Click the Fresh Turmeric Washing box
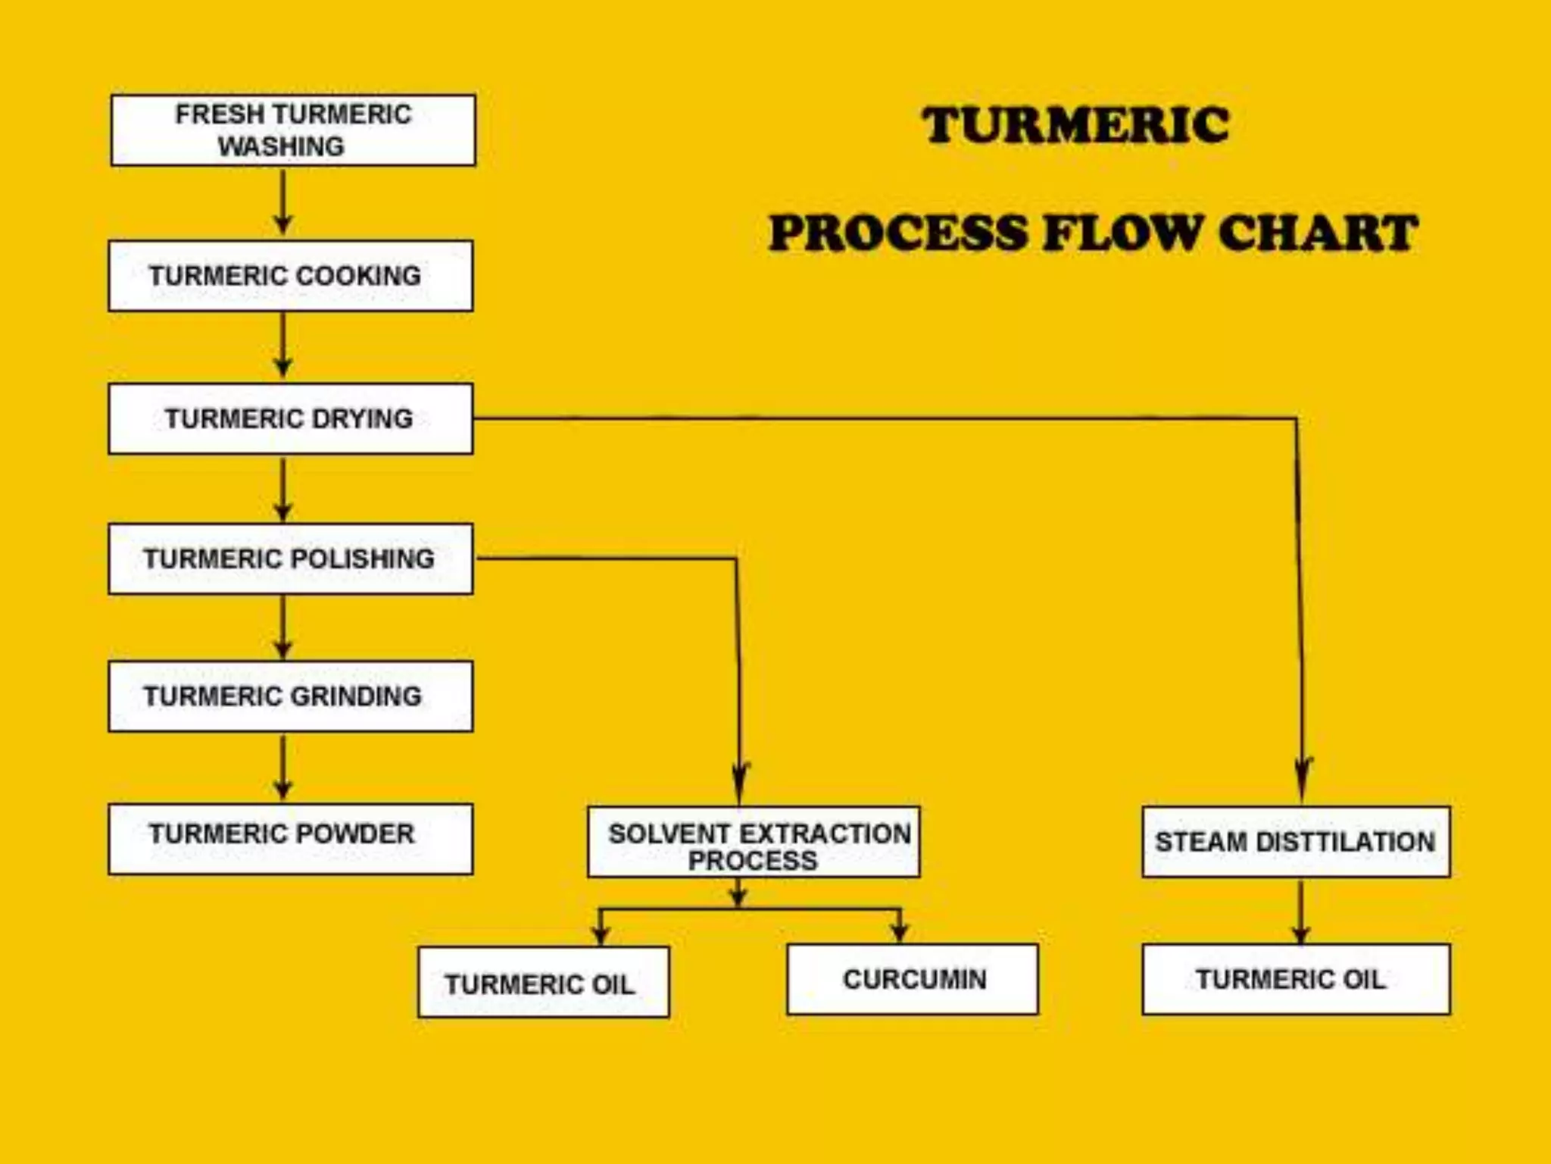coord(293,130)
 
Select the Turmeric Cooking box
coord(290,276)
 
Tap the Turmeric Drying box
coord(290,418)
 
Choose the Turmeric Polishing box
coord(290,559)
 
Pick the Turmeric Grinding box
coord(290,696)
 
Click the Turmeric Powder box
coord(290,839)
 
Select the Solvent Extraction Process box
coord(754,842)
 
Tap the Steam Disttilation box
coord(1296,842)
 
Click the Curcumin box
coord(913,979)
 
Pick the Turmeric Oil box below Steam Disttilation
coord(1296,979)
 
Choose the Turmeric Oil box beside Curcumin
coord(543,982)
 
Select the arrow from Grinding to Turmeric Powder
coord(283,767)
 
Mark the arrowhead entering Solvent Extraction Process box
coord(740,784)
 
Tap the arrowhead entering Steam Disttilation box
coord(1303,781)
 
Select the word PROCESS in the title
coord(898,233)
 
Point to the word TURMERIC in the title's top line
coord(1075,125)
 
